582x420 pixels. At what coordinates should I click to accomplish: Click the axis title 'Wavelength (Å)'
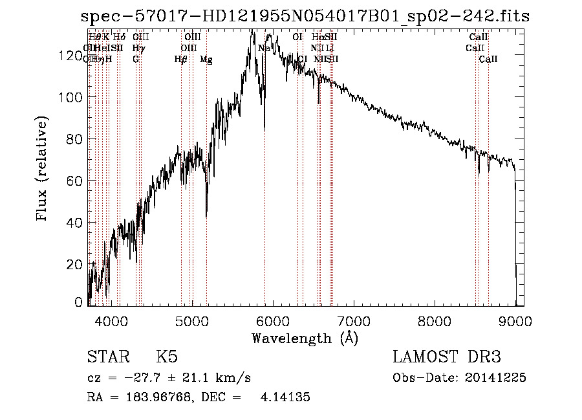click(305, 338)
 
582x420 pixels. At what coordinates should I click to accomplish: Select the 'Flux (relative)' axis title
click(43, 170)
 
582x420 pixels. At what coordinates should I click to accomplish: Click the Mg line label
click(206, 60)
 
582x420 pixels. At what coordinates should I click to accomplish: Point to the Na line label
click(264, 49)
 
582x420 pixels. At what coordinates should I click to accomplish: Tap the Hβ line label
click(180, 60)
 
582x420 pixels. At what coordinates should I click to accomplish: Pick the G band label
click(136, 60)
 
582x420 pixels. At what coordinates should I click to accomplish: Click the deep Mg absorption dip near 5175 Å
click(206, 216)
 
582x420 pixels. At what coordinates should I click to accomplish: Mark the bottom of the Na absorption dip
click(264, 129)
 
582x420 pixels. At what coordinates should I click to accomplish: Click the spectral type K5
click(167, 357)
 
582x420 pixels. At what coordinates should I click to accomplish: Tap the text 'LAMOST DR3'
click(447, 357)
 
